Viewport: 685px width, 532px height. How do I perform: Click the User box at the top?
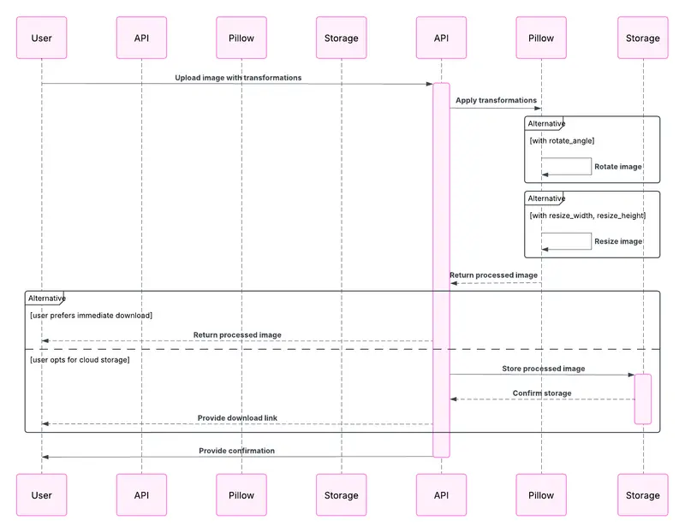pyautogui.click(x=41, y=38)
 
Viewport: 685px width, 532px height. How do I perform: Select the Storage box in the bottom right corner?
pyautogui.click(x=642, y=495)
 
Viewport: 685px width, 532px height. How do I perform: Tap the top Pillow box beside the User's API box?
pyautogui.click(x=241, y=38)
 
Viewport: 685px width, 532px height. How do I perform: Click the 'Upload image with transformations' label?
pyautogui.click(x=238, y=78)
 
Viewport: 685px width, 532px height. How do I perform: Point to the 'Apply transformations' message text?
pyautogui.click(x=496, y=100)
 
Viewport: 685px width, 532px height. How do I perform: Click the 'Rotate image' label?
pyautogui.click(x=618, y=167)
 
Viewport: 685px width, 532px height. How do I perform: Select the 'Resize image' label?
pyautogui.click(x=618, y=241)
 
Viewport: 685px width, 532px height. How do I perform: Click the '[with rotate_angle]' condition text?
pyautogui.click(x=562, y=141)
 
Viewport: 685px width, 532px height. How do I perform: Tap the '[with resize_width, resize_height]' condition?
pyautogui.click(x=587, y=216)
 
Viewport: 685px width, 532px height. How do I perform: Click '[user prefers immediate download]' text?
pyautogui.click(x=91, y=316)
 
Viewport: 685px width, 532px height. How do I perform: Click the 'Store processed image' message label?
pyautogui.click(x=543, y=369)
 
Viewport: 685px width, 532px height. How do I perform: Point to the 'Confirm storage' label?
pyautogui.click(x=542, y=393)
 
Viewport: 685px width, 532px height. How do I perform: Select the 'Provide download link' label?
pyautogui.click(x=237, y=418)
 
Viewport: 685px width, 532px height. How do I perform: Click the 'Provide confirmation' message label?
pyautogui.click(x=237, y=450)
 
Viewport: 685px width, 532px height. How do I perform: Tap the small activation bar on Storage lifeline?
pyautogui.click(x=642, y=399)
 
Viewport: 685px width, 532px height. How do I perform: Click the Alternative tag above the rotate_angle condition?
pyautogui.click(x=546, y=124)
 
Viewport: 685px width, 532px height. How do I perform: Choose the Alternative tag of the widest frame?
pyautogui.click(x=46, y=299)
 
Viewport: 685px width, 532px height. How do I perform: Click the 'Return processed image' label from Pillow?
pyautogui.click(x=493, y=275)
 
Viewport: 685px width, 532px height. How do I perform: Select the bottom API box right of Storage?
pyautogui.click(x=442, y=495)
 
